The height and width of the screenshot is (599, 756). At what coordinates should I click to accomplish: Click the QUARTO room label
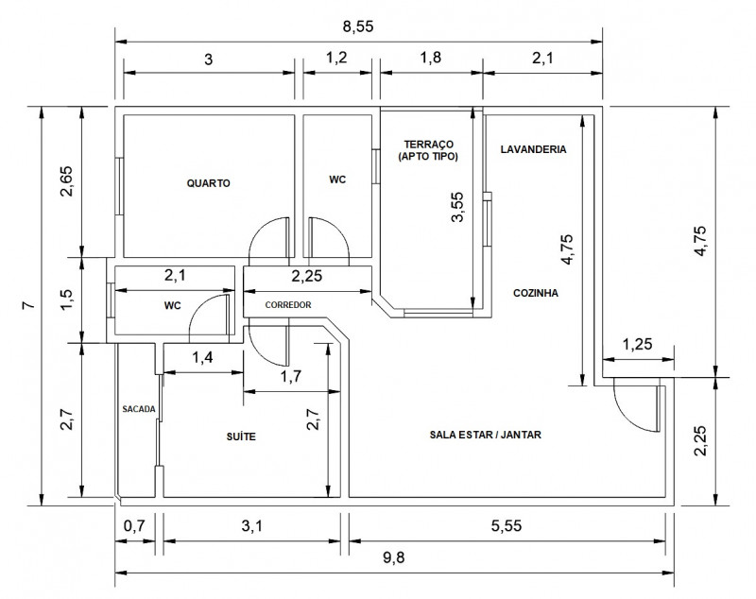tap(208, 183)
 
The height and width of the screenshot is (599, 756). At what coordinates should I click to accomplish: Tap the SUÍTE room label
tap(241, 436)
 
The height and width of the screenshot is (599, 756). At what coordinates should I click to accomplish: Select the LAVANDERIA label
tap(533, 149)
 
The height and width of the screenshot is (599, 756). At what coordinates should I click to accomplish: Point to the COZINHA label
tap(536, 293)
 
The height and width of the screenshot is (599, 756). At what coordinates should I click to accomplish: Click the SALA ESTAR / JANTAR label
tap(485, 436)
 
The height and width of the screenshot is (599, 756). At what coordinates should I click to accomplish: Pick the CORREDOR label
tap(288, 305)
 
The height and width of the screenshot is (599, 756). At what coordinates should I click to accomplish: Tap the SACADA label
tap(138, 409)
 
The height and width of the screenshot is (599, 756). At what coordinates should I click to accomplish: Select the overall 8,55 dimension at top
tap(358, 27)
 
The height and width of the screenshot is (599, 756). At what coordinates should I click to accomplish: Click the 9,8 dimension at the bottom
tap(394, 557)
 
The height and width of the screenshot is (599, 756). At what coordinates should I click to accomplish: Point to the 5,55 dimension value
tap(511, 524)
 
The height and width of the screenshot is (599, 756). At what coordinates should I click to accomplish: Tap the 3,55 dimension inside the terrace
tap(458, 207)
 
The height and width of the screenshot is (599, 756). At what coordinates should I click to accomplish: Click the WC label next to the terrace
tap(337, 179)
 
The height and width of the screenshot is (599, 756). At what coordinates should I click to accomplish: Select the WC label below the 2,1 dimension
tap(172, 305)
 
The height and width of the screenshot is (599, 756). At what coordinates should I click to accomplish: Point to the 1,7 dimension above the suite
tap(291, 377)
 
